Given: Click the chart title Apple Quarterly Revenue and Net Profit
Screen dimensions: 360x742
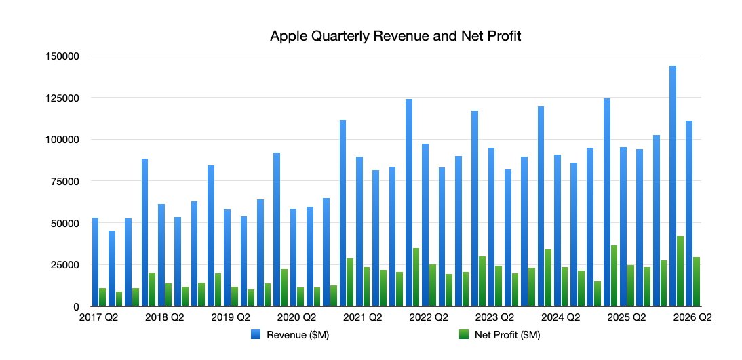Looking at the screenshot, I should pos(395,37).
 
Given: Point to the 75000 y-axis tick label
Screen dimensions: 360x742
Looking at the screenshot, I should pos(59,181).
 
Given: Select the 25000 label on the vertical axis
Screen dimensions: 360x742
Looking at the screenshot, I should pos(59,264).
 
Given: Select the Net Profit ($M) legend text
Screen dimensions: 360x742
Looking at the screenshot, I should pos(507,334).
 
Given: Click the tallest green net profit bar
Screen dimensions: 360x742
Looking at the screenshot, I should pos(680,271).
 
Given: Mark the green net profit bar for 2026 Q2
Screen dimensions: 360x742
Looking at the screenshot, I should pos(697,281).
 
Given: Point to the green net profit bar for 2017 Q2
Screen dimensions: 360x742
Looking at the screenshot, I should pos(102,297).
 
